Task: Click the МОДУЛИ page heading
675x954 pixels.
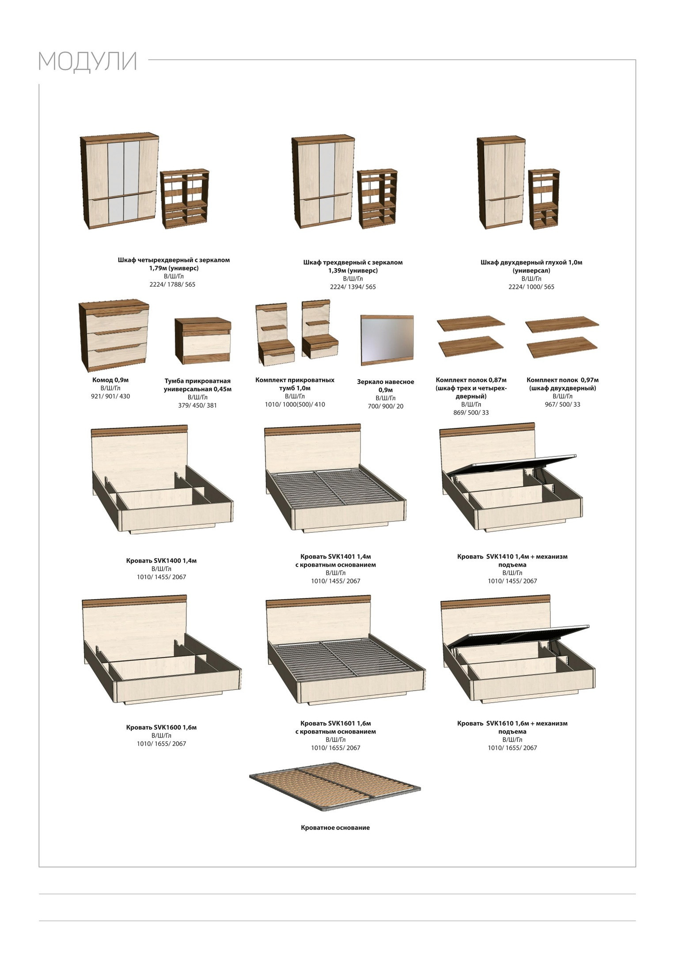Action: (x=87, y=61)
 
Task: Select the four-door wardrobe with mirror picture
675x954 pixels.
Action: (x=119, y=182)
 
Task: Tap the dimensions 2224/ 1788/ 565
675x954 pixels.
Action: (x=172, y=284)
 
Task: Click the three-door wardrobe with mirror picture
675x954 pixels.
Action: (x=323, y=182)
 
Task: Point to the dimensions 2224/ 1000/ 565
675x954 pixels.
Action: (x=531, y=287)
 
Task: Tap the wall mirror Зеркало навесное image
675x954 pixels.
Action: (x=387, y=340)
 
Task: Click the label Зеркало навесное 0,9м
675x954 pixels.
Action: (x=386, y=386)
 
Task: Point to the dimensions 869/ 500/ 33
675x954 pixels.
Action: (x=471, y=413)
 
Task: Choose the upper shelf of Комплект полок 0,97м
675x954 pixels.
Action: (x=562, y=324)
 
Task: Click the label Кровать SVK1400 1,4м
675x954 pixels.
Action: (x=161, y=560)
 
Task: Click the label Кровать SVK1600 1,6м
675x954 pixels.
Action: (x=161, y=727)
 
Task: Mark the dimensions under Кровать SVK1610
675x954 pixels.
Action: (x=512, y=748)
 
